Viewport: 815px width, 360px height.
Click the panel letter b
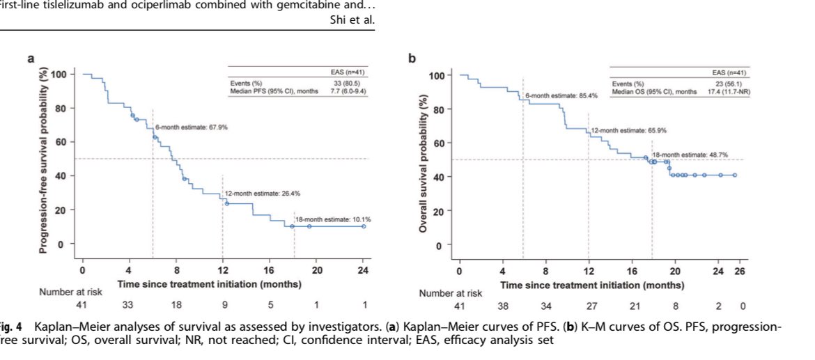click(413, 59)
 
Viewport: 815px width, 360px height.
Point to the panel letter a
click(31, 59)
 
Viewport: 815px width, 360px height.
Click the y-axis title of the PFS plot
click(45, 159)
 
